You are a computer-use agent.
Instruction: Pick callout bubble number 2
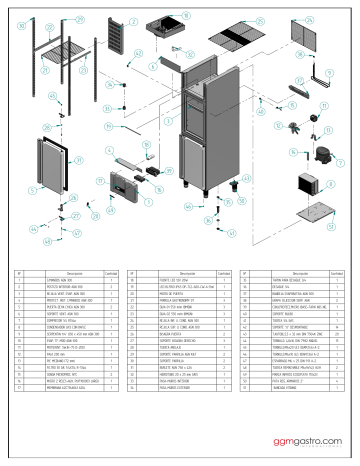pos(134,20)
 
